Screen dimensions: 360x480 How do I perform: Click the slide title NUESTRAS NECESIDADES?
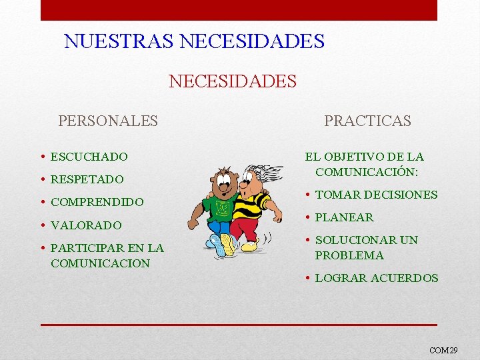click(194, 41)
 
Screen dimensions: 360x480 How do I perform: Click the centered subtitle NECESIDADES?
click(233, 81)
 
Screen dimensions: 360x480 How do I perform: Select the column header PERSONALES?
click(108, 121)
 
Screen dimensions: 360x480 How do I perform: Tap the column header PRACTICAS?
click(367, 121)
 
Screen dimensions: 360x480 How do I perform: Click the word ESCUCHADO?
click(89, 157)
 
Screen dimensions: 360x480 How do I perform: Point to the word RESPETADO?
click(87, 179)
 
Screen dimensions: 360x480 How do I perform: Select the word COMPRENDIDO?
click(97, 202)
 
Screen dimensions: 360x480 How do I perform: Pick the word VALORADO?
click(86, 225)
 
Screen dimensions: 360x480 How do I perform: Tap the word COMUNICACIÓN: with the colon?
click(367, 172)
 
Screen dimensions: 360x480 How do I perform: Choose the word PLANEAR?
click(344, 217)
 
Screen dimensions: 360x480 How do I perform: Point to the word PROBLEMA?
click(349, 255)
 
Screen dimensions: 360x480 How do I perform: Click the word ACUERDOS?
click(408, 278)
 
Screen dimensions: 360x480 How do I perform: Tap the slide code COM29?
click(443, 349)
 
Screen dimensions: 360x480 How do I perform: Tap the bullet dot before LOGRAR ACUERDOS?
click(309, 278)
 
